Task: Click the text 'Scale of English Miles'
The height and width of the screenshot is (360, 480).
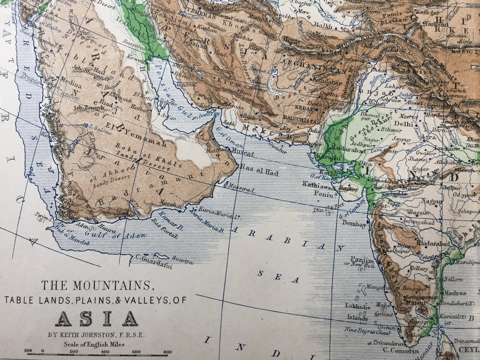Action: (96, 344)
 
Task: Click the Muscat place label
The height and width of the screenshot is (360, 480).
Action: (243, 153)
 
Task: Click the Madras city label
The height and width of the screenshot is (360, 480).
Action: (454, 293)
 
